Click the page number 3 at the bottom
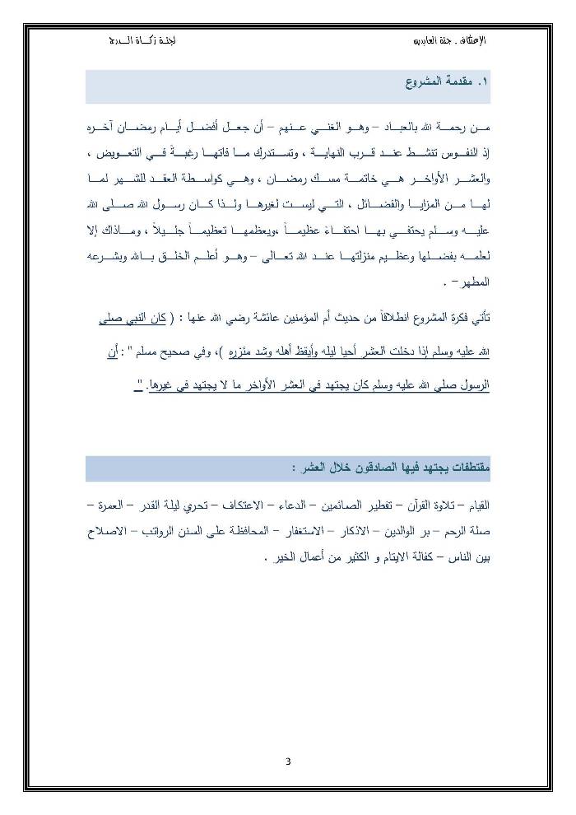288,760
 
